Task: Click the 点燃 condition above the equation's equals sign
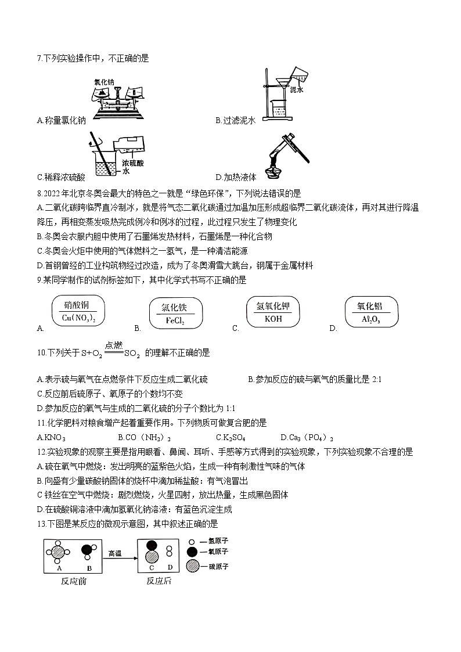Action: click(x=114, y=345)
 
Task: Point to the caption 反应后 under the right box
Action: click(x=159, y=581)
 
